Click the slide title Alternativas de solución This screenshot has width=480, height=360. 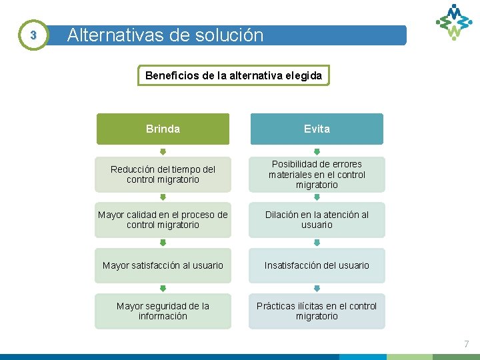(166, 35)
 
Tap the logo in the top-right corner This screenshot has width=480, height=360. (454, 21)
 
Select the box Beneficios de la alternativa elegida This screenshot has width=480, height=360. (233, 75)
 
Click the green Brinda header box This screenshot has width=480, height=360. (163, 129)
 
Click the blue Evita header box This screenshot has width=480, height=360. (317, 129)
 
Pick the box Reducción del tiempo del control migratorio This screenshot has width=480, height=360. (163, 174)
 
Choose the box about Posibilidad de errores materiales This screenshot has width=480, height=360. (317, 174)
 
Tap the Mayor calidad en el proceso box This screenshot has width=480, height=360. (163, 219)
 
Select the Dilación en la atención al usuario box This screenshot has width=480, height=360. (317, 219)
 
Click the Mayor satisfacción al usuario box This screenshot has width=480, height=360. (163, 265)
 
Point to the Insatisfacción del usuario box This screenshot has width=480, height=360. (317, 265)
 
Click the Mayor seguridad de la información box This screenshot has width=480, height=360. (163, 311)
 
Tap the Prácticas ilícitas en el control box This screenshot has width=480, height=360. (317, 311)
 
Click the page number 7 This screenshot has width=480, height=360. (467, 344)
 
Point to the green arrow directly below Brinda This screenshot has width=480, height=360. (163, 151)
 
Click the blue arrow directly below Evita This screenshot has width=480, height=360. (317, 151)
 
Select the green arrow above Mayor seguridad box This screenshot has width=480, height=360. (163, 289)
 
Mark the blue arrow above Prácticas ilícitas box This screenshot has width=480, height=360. (317, 289)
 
